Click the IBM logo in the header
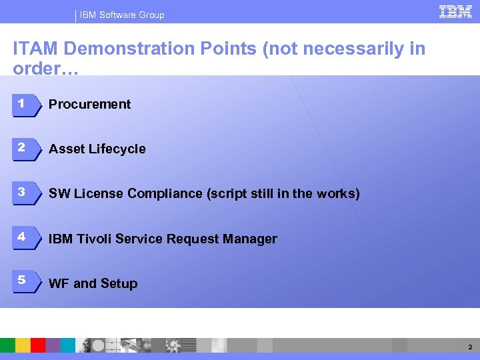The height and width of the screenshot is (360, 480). pos(456,11)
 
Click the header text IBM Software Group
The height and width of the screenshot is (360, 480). pos(123,15)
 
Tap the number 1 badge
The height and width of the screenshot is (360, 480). pos(23,104)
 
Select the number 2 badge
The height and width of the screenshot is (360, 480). pos(23,149)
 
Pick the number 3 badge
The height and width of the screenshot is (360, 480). pos(23,193)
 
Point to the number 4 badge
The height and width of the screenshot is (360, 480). pos(23,238)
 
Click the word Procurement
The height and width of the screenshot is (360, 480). pos(90,104)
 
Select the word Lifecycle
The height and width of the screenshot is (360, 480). pos(116,149)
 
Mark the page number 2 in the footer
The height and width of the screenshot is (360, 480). pos(470,347)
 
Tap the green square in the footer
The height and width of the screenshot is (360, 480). pos(7,345)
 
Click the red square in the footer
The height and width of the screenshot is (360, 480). pos(38,345)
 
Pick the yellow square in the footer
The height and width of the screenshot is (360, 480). pos(23,345)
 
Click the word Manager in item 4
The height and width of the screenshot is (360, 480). pos(252,239)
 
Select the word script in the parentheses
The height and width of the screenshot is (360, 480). pos(229,193)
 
